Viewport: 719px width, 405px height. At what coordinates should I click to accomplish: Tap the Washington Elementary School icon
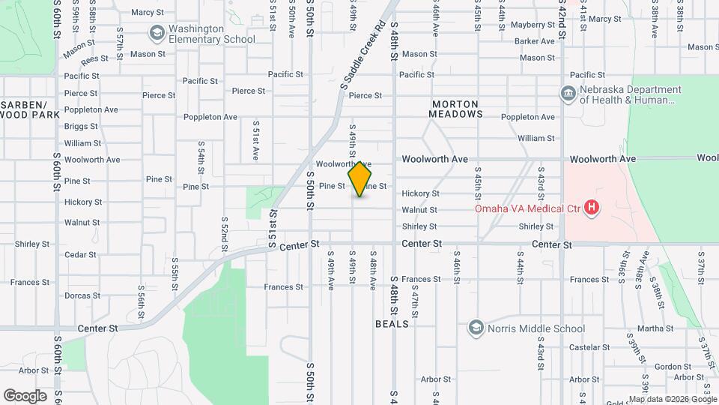tap(157, 33)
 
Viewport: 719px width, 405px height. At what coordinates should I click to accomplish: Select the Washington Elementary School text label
tap(211, 34)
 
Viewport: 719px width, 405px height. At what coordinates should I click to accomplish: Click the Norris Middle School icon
tap(476, 328)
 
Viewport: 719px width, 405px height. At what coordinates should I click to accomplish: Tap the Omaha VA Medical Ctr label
tap(528, 208)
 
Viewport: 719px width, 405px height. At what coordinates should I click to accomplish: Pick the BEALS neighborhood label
tap(392, 324)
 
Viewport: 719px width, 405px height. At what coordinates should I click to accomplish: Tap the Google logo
tap(25, 395)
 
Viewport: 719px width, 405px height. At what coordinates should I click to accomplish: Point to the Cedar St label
tap(80, 255)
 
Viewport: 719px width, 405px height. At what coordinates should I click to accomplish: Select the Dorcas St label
tap(82, 296)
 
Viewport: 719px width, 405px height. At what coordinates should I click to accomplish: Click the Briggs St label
tap(81, 127)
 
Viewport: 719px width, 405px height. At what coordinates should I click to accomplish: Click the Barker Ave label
tap(534, 41)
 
